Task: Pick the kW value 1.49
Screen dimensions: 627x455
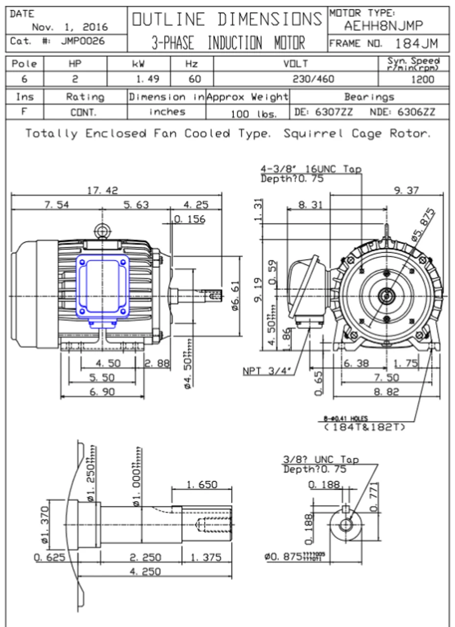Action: click(145, 79)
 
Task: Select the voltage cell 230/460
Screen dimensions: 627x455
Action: click(314, 79)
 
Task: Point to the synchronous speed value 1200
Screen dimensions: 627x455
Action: click(423, 79)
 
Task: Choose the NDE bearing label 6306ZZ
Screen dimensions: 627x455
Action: click(402, 112)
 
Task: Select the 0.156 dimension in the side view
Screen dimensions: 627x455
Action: click(190, 219)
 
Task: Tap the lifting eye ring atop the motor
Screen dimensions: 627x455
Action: click(102, 230)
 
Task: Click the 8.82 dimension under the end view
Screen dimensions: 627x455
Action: click(386, 391)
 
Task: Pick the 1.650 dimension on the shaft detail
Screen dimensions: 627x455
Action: click(201, 484)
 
